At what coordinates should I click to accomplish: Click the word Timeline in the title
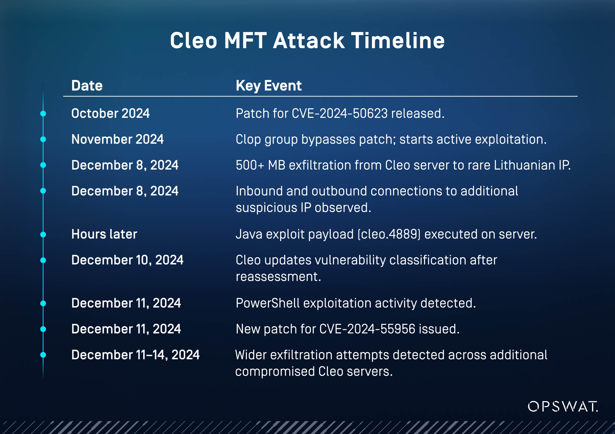[x=398, y=41]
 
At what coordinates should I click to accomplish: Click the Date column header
[x=87, y=86]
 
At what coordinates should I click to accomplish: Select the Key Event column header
[x=268, y=86]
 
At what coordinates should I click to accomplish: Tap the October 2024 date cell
[x=110, y=113]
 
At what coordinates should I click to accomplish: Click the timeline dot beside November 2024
[x=43, y=139]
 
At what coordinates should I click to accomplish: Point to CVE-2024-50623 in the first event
[x=339, y=113]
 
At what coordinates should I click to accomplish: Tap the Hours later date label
[x=104, y=234]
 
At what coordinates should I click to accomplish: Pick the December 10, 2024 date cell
[x=127, y=260]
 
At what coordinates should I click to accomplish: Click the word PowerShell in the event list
[x=268, y=303]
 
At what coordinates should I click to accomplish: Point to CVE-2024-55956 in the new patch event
[x=367, y=329]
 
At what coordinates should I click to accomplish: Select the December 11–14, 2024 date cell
[x=135, y=355]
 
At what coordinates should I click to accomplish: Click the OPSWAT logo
[x=563, y=406]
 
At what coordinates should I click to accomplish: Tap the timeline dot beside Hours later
[x=43, y=235]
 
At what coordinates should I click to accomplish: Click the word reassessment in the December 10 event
[x=278, y=277]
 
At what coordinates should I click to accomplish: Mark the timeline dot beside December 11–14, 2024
[x=43, y=355]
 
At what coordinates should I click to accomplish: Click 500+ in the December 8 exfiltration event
[x=250, y=165]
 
